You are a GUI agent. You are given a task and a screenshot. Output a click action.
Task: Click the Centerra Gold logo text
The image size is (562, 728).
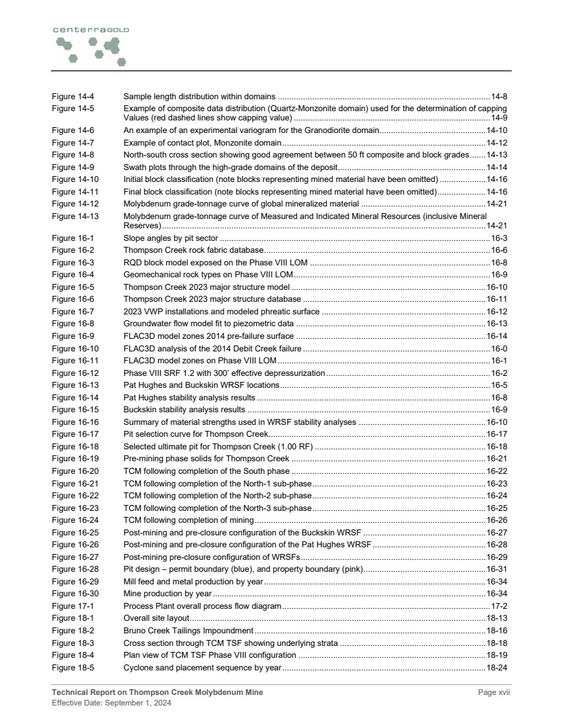pyautogui.click(x=91, y=30)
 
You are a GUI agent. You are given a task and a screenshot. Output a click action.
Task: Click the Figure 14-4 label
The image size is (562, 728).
pyautogui.click(x=73, y=97)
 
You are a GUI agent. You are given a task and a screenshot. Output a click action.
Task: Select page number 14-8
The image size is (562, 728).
pyautogui.click(x=498, y=97)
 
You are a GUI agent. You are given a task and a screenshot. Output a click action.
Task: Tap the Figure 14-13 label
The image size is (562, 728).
pyautogui.click(x=75, y=216)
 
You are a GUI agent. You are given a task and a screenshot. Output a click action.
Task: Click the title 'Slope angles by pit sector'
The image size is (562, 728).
pyautogui.click(x=171, y=238)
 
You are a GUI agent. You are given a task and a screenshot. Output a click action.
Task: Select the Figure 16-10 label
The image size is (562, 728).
pyautogui.click(x=75, y=349)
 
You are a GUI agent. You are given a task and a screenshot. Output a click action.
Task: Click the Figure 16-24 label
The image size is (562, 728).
pyautogui.click(x=75, y=520)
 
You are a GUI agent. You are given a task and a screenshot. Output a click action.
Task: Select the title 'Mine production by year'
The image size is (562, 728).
pyautogui.click(x=167, y=594)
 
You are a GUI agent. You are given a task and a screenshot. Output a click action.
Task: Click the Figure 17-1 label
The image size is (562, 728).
pyautogui.click(x=73, y=606)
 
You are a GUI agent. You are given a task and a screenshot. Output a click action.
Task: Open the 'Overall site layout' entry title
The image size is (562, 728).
pyautogui.click(x=156, y=618)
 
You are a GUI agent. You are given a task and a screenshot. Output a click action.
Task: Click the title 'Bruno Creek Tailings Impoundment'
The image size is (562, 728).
pyautogui.click(x=189, y=630)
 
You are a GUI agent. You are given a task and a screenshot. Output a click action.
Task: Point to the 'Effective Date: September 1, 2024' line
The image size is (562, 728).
pyautogui.click(x=112, y=703)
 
